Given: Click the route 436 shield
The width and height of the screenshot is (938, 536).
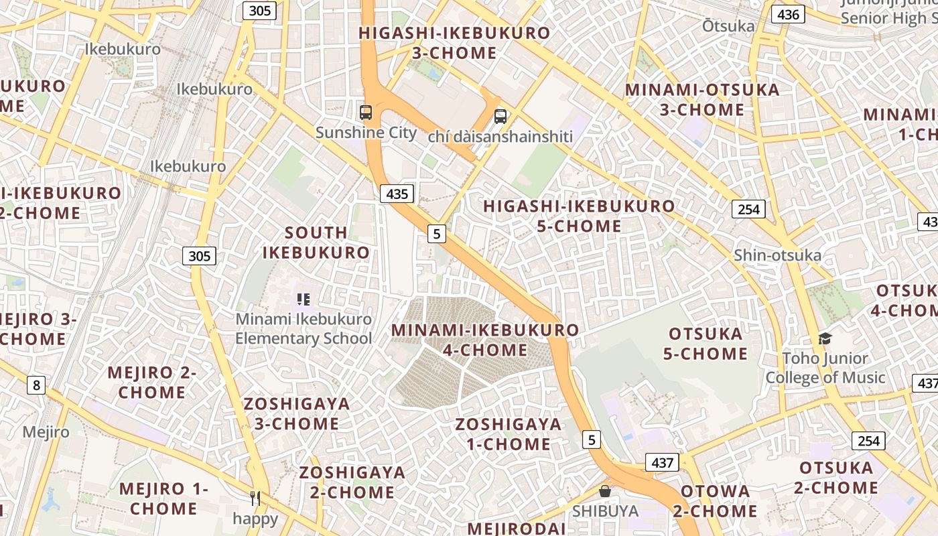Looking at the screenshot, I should coord(787,14).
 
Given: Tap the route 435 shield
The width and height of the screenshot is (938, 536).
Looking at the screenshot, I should coord(397,194).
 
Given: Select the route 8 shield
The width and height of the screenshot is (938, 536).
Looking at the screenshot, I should coord(36,385).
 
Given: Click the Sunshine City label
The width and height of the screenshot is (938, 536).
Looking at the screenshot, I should coord(366,133).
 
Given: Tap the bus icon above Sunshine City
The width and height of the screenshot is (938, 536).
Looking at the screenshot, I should coord(366,112).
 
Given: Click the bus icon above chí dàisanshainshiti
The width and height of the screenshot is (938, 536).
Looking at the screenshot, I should coord(500,116).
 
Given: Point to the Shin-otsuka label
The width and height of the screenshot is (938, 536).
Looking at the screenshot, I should coord(777,255).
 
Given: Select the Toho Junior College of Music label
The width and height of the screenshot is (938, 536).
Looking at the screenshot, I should coord(825,368).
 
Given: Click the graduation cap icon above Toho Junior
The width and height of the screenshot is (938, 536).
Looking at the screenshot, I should coord(825,338).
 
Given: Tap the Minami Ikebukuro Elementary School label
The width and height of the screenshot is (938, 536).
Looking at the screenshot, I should coord(304,328).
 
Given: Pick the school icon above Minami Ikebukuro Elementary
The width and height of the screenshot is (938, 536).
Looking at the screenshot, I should coord(304,299).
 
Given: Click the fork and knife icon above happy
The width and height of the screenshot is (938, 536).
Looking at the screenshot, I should coord(255,498).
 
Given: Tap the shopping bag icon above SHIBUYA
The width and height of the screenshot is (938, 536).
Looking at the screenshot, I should coord(605,491).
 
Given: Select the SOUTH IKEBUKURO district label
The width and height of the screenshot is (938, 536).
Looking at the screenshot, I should coord(316,243).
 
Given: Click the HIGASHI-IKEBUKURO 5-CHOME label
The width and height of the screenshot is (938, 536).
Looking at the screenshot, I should coord(579,216).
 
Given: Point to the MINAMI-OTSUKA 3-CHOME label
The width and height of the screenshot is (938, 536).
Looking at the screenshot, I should coord(702,99).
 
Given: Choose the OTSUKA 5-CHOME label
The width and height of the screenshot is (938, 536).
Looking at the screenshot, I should coord(706,343).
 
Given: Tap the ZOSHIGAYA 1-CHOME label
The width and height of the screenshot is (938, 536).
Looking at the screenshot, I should coord(509,433).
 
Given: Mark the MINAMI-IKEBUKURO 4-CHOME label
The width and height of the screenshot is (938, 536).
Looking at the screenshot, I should coord(485,340).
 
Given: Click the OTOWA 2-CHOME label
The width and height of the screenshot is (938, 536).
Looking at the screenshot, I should coord(716,501).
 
